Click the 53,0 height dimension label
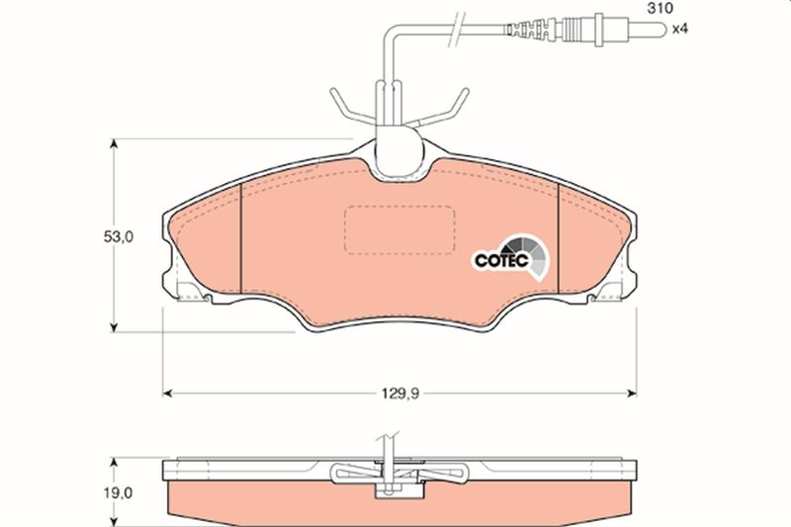pos(119,236)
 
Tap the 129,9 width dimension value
pos(400,394)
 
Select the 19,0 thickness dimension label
pos(119,492)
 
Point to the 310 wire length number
pos(660,8)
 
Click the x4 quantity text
pos(680,29)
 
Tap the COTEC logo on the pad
pos(511,257)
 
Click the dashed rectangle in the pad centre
pos(399,229)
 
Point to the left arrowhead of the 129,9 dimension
pos(168,394)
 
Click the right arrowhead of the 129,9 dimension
pos(631,394)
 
